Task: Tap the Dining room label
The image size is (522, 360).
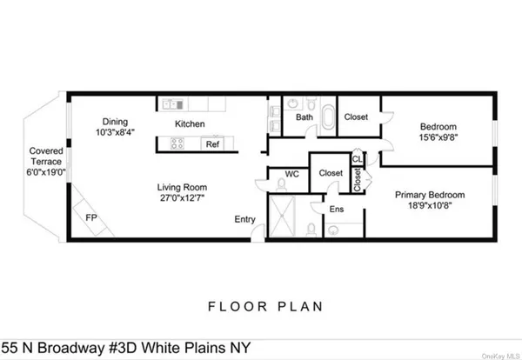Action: tap(114, 122)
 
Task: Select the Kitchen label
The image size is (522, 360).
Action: tap(190, 123)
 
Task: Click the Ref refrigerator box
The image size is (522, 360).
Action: tap(212, 144)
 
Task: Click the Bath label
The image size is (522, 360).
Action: tap(304, 117)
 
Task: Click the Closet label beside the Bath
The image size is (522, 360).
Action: tap(357, 117)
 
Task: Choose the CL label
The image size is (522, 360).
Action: tap(357, 158)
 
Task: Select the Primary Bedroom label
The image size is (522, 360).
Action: tap(429, 196)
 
